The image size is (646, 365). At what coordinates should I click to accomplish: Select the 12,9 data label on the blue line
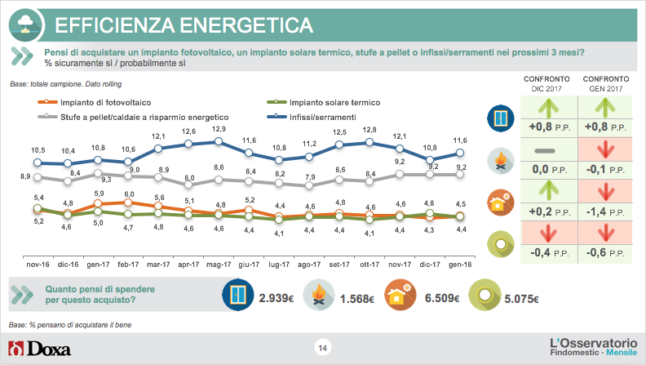coord(219,129)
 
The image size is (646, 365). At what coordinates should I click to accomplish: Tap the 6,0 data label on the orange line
coord(129,194)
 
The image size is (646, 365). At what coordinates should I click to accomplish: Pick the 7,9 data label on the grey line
coord(309,177)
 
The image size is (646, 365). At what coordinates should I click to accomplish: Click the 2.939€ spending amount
coord(275,298)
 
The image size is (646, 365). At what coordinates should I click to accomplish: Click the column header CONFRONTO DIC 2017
coord(543,82)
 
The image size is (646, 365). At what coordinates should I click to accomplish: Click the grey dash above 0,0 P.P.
coord(543,152)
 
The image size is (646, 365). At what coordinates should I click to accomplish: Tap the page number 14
coord(322,349)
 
